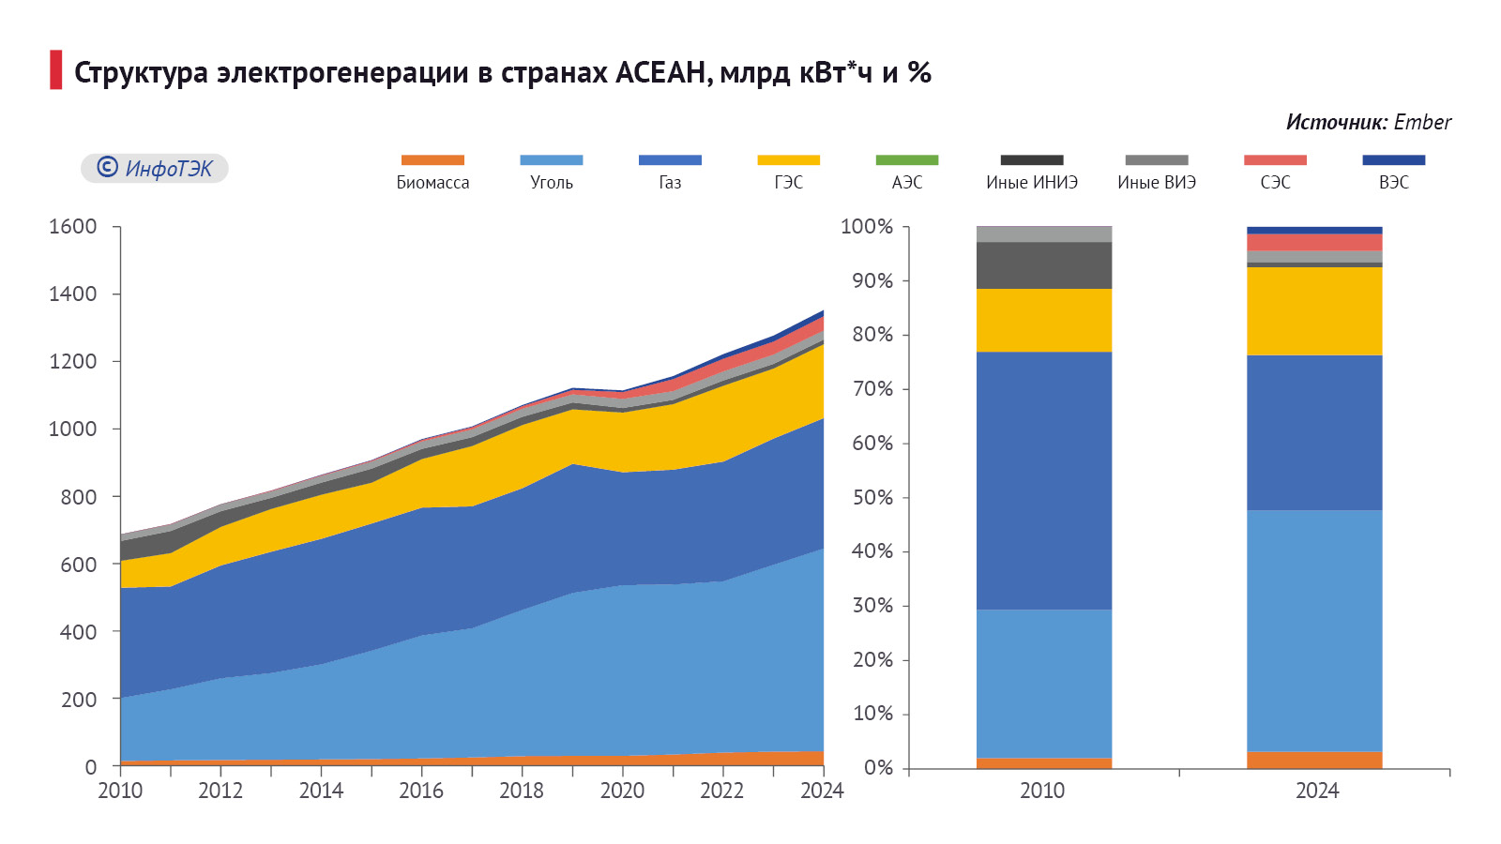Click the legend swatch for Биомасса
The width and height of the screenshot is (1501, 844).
pos(432,160)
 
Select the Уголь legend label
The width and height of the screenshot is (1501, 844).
pos(552,183)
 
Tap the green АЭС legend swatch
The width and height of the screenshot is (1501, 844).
pos(907,160)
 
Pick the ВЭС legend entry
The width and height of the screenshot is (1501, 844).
pos(1394,183)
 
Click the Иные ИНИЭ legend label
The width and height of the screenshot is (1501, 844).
pos(1032,183)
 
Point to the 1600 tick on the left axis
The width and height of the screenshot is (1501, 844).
pos(73,227)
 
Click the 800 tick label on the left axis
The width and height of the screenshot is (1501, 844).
pos(79,497)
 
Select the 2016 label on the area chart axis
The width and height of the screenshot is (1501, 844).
pos(421,791)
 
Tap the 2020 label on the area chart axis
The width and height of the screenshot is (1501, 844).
pos(622,791)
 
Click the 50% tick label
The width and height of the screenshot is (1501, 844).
pos(872,497)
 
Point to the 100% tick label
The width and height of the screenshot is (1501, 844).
pos(867,227)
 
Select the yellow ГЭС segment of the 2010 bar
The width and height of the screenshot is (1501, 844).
pos(1044,321)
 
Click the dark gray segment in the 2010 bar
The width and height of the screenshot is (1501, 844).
pos(1044,265)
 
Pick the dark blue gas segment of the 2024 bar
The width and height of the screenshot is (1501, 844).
pos(1314,432)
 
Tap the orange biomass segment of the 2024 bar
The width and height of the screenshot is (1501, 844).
pos(1314,760)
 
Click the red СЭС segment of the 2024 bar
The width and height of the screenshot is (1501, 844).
pos(1314,242)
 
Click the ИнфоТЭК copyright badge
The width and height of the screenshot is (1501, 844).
pos(155,169)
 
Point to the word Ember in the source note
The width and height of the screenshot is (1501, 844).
pos(1422,122)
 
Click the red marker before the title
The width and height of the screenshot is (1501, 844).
pos(56,70)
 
